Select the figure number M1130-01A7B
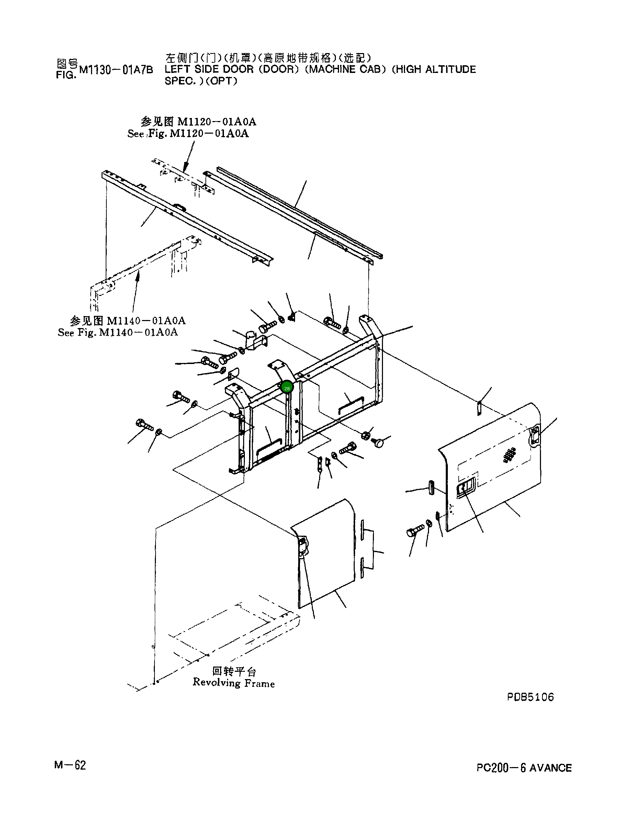click(116, 70)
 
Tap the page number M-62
click(70, 765)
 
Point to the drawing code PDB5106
click(530, 697)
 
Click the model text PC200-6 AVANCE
click(524, 767)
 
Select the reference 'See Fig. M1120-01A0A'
click(188, 134)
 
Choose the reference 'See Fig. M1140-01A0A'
click(118, 332)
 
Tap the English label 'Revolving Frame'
click(234, 683)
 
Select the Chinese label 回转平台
click(234, 671)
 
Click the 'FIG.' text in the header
click(66, 75)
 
